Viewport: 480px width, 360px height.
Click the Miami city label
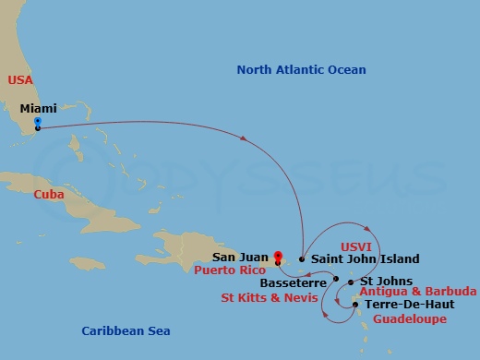click(x=37, y=108)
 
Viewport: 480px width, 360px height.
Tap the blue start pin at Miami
click(x=37, y=122)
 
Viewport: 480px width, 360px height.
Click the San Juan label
click(x=242, y=258)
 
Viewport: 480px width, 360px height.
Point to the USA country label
click(x=20, y=80)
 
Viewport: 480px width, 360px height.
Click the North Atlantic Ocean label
click(x=301, y=69)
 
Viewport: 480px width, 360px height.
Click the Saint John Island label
click(x=365, y=259)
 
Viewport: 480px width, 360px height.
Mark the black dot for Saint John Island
click(x=303, y=259)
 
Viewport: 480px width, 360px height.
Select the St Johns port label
click(x=380, y=281)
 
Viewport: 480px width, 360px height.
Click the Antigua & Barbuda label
click(x=416, y=292)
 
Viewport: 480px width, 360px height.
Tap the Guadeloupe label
click(x=410, y=318)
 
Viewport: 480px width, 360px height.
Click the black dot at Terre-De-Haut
click(x=356, y=303)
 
